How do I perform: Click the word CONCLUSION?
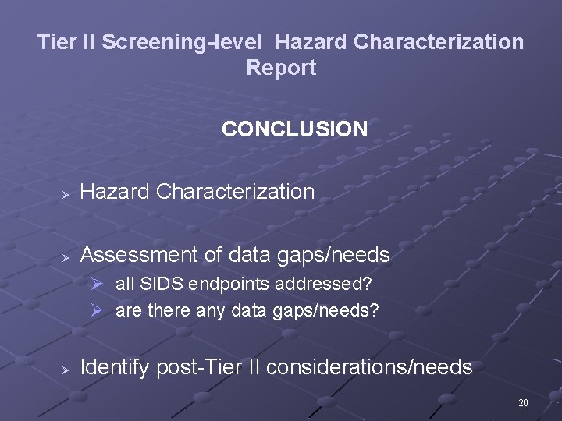[x=294, y=129]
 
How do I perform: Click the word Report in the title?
[x=281, y=68]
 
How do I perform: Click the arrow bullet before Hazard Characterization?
[x=68, y=193]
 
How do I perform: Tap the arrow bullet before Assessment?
[x=68, y=256]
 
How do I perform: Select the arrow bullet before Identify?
[x=68, y=368]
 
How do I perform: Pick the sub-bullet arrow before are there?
[x=98, y=310]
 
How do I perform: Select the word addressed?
[x=299, y=284]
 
